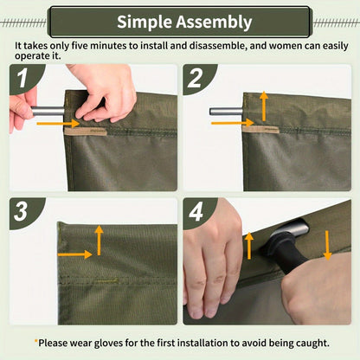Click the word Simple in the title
coord(146,22)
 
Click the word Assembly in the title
coord(215,22)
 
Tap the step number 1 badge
coord(24,79)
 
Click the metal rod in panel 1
coord(48,111)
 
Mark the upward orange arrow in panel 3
coord(100,240)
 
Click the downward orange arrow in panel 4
coord(327,245)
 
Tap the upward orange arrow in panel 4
coord(251,245)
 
